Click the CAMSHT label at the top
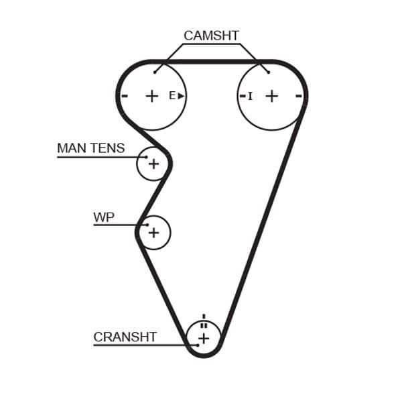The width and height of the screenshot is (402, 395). click(211, 36)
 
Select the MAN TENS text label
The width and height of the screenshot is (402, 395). click(90, 148)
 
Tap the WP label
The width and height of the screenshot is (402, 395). click(103, 217)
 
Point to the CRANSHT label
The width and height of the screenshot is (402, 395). click(125, 337)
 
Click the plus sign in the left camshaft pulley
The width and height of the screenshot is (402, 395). click(152, 96)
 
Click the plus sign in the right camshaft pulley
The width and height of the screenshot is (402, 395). click(271, 96)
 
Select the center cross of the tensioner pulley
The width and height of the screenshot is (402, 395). click(153, 164)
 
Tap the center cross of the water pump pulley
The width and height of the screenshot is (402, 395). click(153, 233)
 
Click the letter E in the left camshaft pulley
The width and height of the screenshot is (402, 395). click(172, 96)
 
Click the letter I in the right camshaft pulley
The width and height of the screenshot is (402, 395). click(251, 97)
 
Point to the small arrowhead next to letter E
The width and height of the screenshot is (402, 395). click(181, 96)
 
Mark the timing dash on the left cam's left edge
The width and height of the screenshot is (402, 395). click(125, 96)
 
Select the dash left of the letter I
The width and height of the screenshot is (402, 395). click(243, 96)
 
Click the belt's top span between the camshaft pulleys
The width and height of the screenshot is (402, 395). click(211, 62)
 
